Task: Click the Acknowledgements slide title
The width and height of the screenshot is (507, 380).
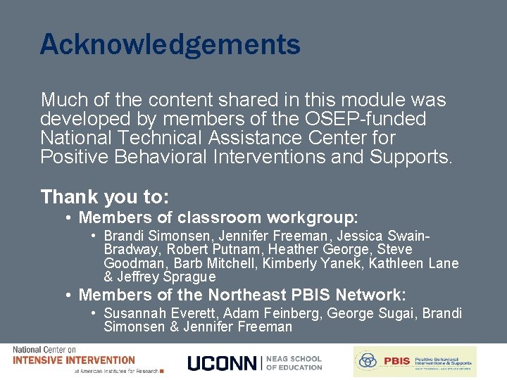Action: tap(170, 45)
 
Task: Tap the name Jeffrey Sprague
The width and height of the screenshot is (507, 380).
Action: tap(166, 277)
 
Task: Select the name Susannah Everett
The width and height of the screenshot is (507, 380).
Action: tap(153, 313)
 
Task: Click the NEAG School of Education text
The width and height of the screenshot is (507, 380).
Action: tap(294, 362)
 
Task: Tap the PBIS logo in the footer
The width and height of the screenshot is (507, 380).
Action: tap(415, 361)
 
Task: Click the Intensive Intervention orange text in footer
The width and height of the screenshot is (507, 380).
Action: tap(74, 360)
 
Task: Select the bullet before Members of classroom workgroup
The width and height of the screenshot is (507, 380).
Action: tap(68, 218)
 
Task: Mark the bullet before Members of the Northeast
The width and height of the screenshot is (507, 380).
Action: tap(68, 295)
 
